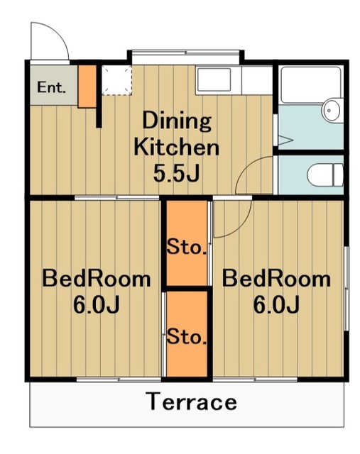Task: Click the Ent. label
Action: [x=51, y=87]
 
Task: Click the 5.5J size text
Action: [x=177, y=173]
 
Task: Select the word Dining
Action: [x=177, y=121]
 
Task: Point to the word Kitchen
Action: [x=177, y=147]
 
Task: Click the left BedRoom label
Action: [x=97, y=279]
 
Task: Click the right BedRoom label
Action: [x=276, y=279]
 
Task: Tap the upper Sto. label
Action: [x=187, y=248]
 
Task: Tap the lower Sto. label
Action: [x=187, y=337]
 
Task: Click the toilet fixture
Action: [x=325, y=175]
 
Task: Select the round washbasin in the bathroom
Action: [x=332, y=111]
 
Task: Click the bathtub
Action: [x=311, y=84]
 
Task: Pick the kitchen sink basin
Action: [x=214, y=79]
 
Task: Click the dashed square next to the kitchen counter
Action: [x=117, y=80]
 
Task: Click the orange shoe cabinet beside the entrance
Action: [x=87, y=87]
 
